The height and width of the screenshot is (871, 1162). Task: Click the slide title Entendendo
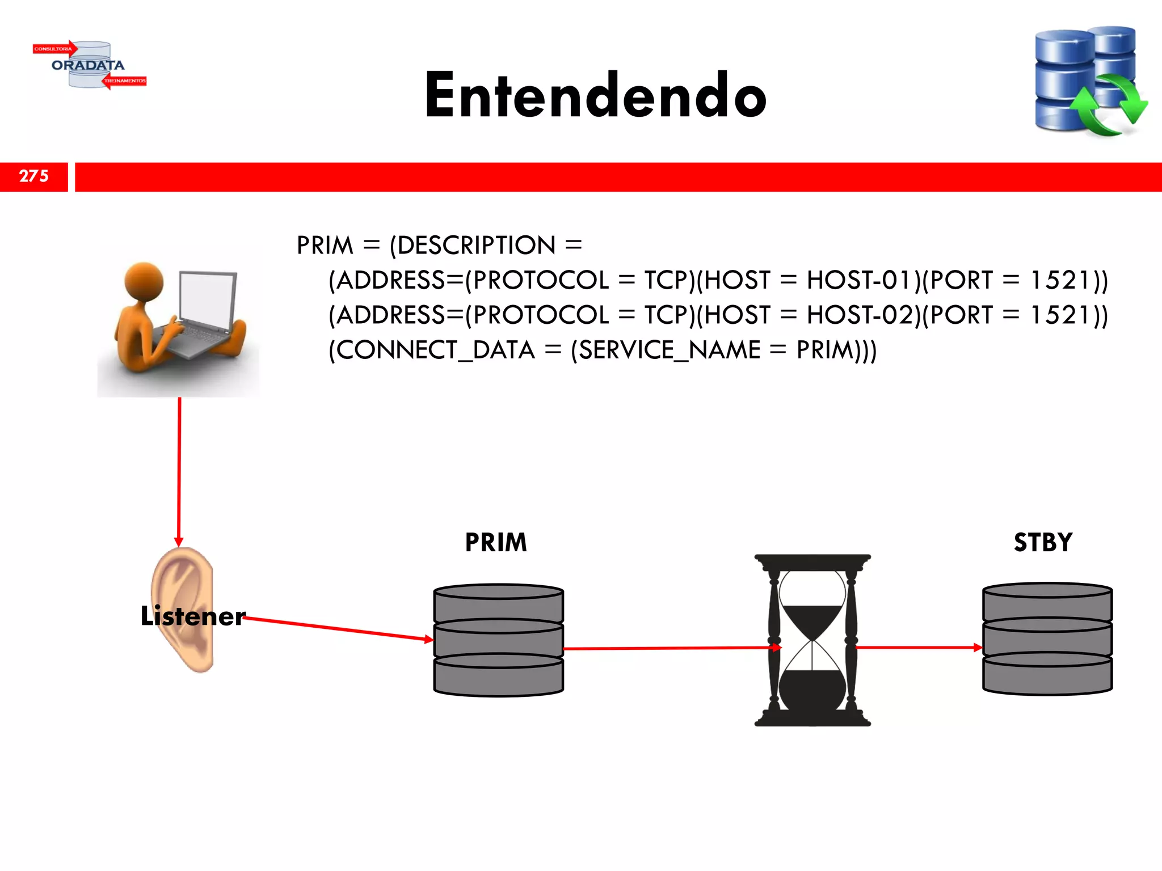(595, 95)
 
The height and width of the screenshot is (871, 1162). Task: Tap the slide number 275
(34, 176)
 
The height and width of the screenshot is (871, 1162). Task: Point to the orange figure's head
(144, 282)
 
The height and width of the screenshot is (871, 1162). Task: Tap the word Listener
(193, 616)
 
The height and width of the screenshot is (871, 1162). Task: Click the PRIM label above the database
(496, 543)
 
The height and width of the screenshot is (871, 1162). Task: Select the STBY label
(1043, 543)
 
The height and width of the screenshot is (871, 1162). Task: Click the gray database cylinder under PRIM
(499, 640)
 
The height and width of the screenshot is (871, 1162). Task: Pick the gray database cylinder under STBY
(1047, 639)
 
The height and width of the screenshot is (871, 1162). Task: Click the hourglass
(812, 640)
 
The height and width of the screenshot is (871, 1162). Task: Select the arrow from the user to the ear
(179, 471)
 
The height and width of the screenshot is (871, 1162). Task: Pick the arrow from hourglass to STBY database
(919, 647)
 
